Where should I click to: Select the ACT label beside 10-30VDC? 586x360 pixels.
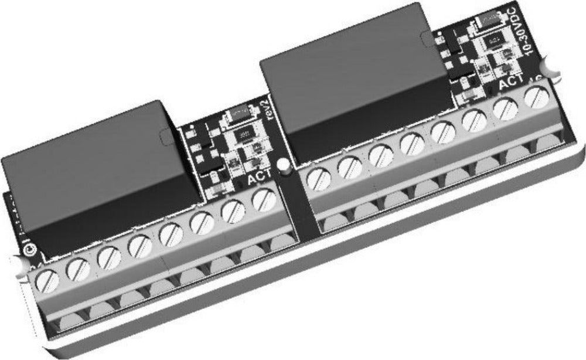pyautogui.click(x=510, y=84)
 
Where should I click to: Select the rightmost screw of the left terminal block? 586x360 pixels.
pyautogui.click(x=264, y=202)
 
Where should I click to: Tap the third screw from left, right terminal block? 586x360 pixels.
pyautogui.click(x=381, y=155)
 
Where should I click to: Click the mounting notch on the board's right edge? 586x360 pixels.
pyautogui.click(x=551, y=67)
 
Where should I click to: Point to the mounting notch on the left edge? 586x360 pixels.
pyautogui.click(x=18, y=264)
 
